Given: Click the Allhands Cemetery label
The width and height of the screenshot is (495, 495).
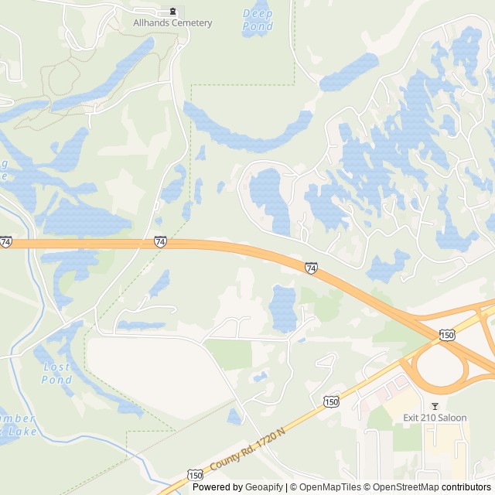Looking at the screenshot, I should pos(172,23).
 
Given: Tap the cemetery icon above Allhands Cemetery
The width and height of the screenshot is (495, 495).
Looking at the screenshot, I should pos(172,12).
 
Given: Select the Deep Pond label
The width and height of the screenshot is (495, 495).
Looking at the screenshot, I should pos(258,19).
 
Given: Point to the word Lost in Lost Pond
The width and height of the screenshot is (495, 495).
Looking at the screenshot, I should pos(56,367).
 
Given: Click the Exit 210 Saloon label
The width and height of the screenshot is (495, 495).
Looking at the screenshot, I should pos(435,418).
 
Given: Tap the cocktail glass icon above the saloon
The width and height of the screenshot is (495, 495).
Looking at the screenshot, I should pos(435,406).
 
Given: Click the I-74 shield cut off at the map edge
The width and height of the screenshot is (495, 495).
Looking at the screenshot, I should pos(5,242).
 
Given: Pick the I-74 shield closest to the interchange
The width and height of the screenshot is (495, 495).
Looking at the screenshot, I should pos(310,268).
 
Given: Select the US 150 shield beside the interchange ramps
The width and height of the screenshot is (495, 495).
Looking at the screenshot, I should pos(446,334).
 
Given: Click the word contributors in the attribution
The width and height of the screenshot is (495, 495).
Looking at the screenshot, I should pos(466,487).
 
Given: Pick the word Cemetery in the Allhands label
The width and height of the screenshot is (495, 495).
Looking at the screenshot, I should pos(193,23).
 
